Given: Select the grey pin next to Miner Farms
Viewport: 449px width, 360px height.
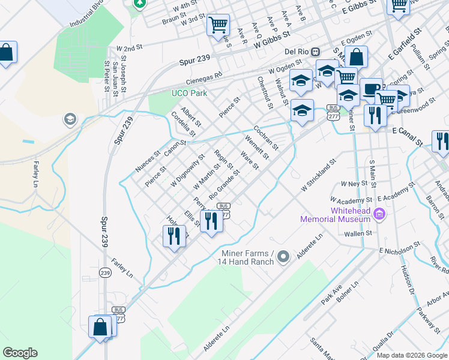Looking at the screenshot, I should coord(284,256).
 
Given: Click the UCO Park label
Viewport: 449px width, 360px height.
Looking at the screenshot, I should coord(189,94).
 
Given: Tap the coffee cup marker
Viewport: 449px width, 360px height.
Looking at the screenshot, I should coord(371,88).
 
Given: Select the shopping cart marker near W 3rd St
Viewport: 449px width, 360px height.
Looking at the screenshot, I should coord(218,25).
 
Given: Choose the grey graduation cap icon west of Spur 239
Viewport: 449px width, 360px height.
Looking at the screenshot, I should coord(70,119).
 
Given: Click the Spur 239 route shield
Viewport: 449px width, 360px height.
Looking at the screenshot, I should coord(106,273).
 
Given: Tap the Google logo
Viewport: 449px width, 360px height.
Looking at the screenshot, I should coord(20,353).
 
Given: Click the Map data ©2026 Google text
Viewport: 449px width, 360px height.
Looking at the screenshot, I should coord(411,355).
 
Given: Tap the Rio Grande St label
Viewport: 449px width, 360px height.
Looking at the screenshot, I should coord(224,185).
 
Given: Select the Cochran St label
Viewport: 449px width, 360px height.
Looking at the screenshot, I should coord(265,137).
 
